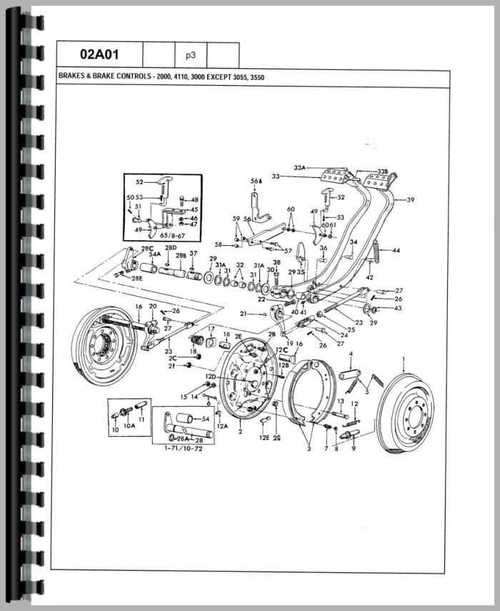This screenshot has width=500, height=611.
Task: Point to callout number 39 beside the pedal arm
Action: coord(410,200)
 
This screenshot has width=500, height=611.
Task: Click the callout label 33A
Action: coord(299,168)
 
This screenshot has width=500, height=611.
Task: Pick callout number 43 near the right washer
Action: coord(398,308)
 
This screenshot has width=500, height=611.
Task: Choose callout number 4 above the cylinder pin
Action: coord(351,354)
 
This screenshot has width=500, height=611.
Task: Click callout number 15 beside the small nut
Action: coord(183,397)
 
